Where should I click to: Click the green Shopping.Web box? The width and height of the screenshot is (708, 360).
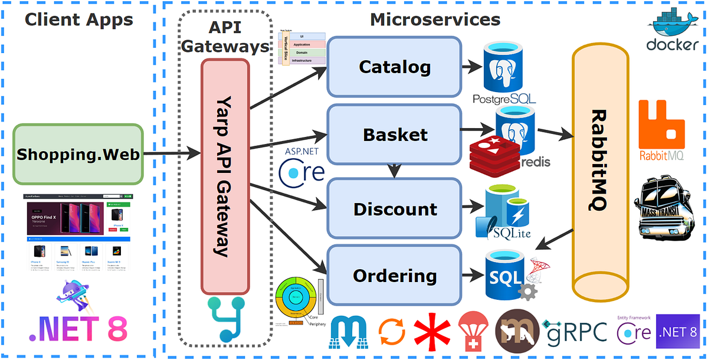(78, 155)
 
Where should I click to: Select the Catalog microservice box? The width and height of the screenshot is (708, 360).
(394, 67)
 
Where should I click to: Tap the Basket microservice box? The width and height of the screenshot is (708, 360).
(394, 134)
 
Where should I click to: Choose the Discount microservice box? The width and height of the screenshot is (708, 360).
(394, 208)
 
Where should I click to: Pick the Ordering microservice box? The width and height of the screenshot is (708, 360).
(394, 275)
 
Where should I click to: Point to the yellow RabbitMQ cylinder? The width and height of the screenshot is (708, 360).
(598, 171)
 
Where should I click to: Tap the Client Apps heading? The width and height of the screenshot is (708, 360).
(78, 19)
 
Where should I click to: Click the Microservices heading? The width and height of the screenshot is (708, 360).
(435, 19)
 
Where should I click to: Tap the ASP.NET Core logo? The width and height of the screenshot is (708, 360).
(301, 165)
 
